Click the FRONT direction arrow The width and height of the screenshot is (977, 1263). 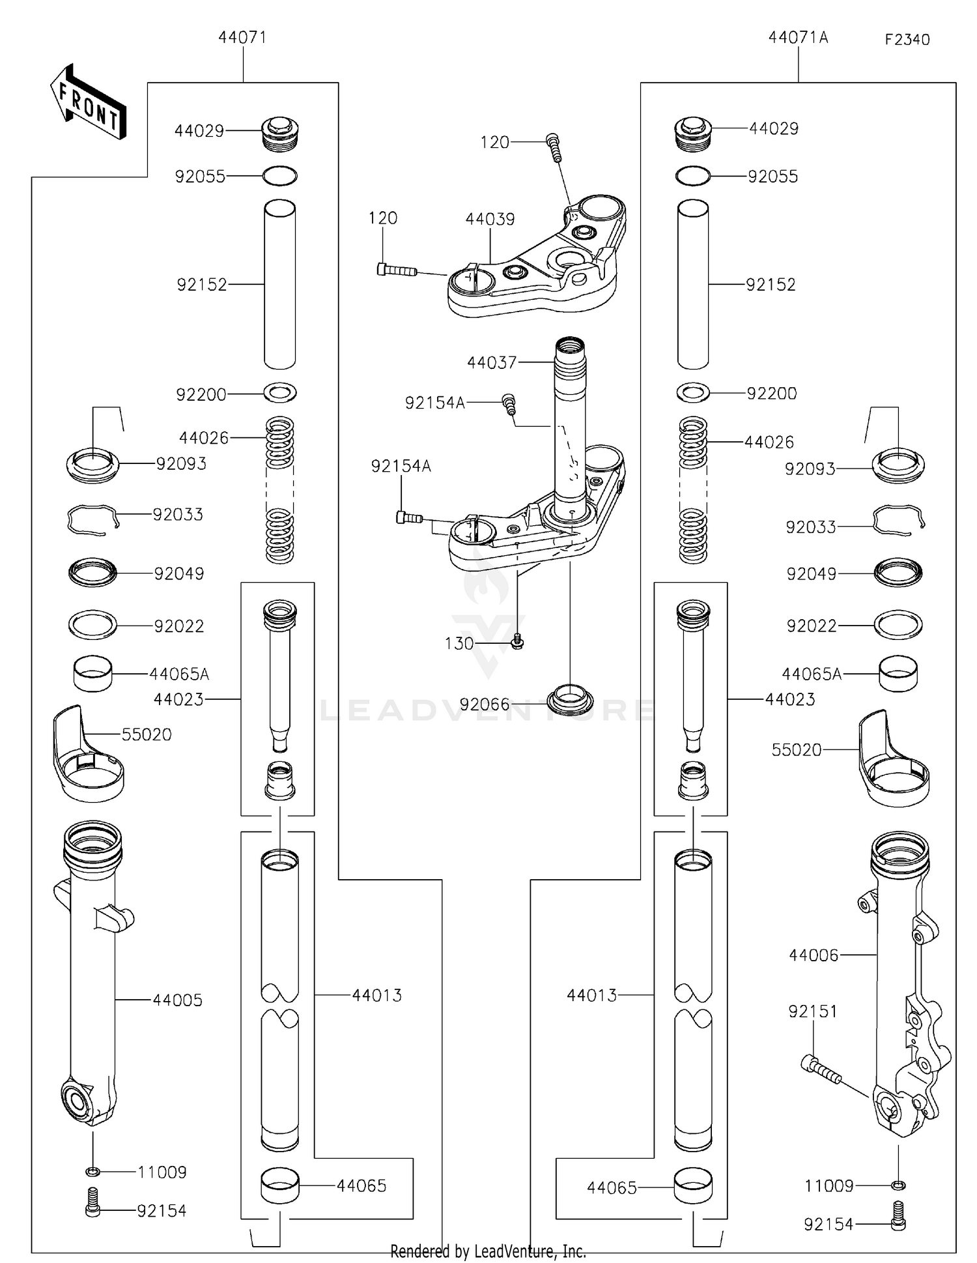(x=88, y=103)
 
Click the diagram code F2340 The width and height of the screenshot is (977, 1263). (x=907, y=40)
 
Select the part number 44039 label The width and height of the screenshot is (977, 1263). (x=490, y=220)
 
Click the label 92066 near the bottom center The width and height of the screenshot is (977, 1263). (x=484, y=704)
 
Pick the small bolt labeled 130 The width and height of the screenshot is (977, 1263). (x=518, y=641)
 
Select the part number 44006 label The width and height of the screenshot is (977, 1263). (x=814, y=955)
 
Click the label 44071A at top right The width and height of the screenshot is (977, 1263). (x=798, y=38)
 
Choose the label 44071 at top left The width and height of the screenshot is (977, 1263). (x=242, y=38)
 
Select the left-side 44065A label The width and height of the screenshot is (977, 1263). (x=179, y=674)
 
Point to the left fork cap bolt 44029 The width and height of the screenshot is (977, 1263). (x=280, y=133)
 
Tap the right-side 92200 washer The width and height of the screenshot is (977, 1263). (x=693, y=392)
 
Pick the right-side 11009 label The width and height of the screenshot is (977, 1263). (x=828, y=1185)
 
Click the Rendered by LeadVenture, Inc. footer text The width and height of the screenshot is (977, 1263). (x=488, y=1251)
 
